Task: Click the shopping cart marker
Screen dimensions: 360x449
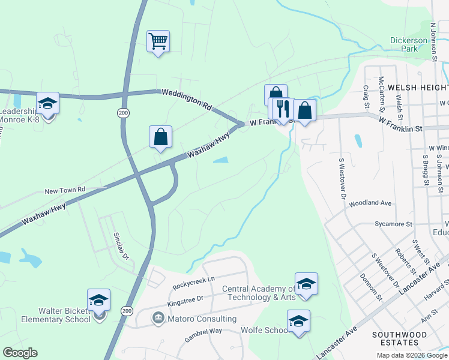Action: coord(158,41)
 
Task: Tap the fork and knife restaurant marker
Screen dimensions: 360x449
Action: coord(283,109)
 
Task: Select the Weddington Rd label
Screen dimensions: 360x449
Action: coord(187,100)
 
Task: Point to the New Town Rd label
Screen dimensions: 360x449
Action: coord(65,190)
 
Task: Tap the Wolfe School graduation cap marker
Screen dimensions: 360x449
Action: coord(298,322)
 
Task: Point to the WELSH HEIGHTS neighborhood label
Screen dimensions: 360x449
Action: coord(418,87)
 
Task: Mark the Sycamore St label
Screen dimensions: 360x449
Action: coord(392,224)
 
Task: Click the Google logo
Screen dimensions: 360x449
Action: coord(20,353)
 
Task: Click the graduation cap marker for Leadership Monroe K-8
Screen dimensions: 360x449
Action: coord(47,104)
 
